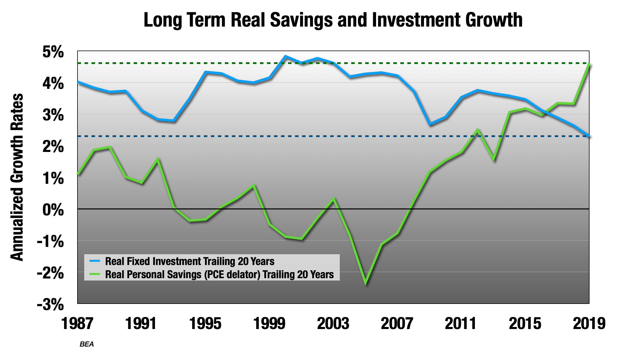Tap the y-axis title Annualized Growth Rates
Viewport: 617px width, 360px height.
click(17, 177)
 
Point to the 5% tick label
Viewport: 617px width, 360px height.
click(53, 52)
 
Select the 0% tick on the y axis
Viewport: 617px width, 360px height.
click(53, 210)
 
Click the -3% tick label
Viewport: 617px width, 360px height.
click(50, 305)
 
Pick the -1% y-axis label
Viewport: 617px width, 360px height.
click(50, 242)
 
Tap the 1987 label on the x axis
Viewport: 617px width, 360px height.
click(77, 324)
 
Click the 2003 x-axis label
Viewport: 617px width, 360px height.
click(333, 324)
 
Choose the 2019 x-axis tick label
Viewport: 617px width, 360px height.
click(589, 324)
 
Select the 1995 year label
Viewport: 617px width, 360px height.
click(205, 324)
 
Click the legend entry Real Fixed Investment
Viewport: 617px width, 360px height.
click(189, 261)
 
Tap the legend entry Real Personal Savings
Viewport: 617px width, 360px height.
click(219, 274)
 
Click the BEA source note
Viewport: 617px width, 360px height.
click(87, 344)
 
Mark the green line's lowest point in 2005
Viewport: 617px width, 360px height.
click(366, 283)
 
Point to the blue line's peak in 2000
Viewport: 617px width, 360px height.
click(285, 56)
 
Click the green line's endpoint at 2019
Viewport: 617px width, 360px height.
click(589, 65)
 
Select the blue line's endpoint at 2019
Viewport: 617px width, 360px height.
click(589, 136)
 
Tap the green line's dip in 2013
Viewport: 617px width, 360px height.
click(494, 160)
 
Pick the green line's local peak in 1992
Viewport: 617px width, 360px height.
click(158, 159)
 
